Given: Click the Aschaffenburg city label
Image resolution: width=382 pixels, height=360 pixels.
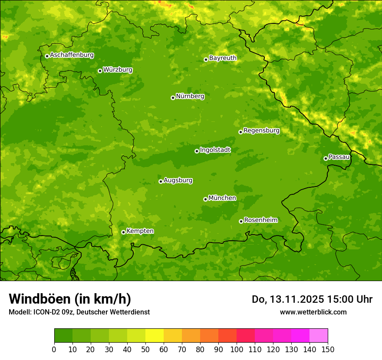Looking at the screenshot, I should point(72,55).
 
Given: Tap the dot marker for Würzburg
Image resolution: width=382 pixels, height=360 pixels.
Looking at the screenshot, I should point(100,71).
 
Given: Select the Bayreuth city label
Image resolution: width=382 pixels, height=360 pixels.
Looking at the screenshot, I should point(223,58).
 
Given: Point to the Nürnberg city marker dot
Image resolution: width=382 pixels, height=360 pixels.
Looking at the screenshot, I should point(173,98).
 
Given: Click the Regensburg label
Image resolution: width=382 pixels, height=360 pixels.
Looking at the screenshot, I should point(261,130).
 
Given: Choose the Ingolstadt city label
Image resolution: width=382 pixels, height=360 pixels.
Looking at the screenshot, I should point(215,150).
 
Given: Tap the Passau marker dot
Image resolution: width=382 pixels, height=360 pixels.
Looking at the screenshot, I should point(326,158).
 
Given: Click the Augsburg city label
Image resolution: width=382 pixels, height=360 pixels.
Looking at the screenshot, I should point(178,180).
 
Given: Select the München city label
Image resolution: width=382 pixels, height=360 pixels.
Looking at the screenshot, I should point(222,198).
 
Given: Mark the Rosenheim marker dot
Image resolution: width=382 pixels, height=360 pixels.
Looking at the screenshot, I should point(241,221).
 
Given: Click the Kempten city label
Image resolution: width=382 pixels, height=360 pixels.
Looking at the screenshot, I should point(140,231).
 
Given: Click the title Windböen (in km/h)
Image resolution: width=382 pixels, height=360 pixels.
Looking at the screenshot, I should point(70,299).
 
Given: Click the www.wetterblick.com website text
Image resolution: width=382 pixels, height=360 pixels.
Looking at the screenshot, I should point(313,312).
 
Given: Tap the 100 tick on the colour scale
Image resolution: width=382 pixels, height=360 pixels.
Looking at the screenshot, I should point(237,349).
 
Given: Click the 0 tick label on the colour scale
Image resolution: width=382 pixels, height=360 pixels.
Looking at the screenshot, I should point(54,349).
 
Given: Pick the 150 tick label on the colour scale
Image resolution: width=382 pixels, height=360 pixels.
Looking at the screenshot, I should point(328,349).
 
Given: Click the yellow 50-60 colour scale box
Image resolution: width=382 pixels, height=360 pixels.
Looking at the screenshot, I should point(155,336).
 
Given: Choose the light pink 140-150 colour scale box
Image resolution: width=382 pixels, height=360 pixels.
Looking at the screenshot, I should point(319,336).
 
